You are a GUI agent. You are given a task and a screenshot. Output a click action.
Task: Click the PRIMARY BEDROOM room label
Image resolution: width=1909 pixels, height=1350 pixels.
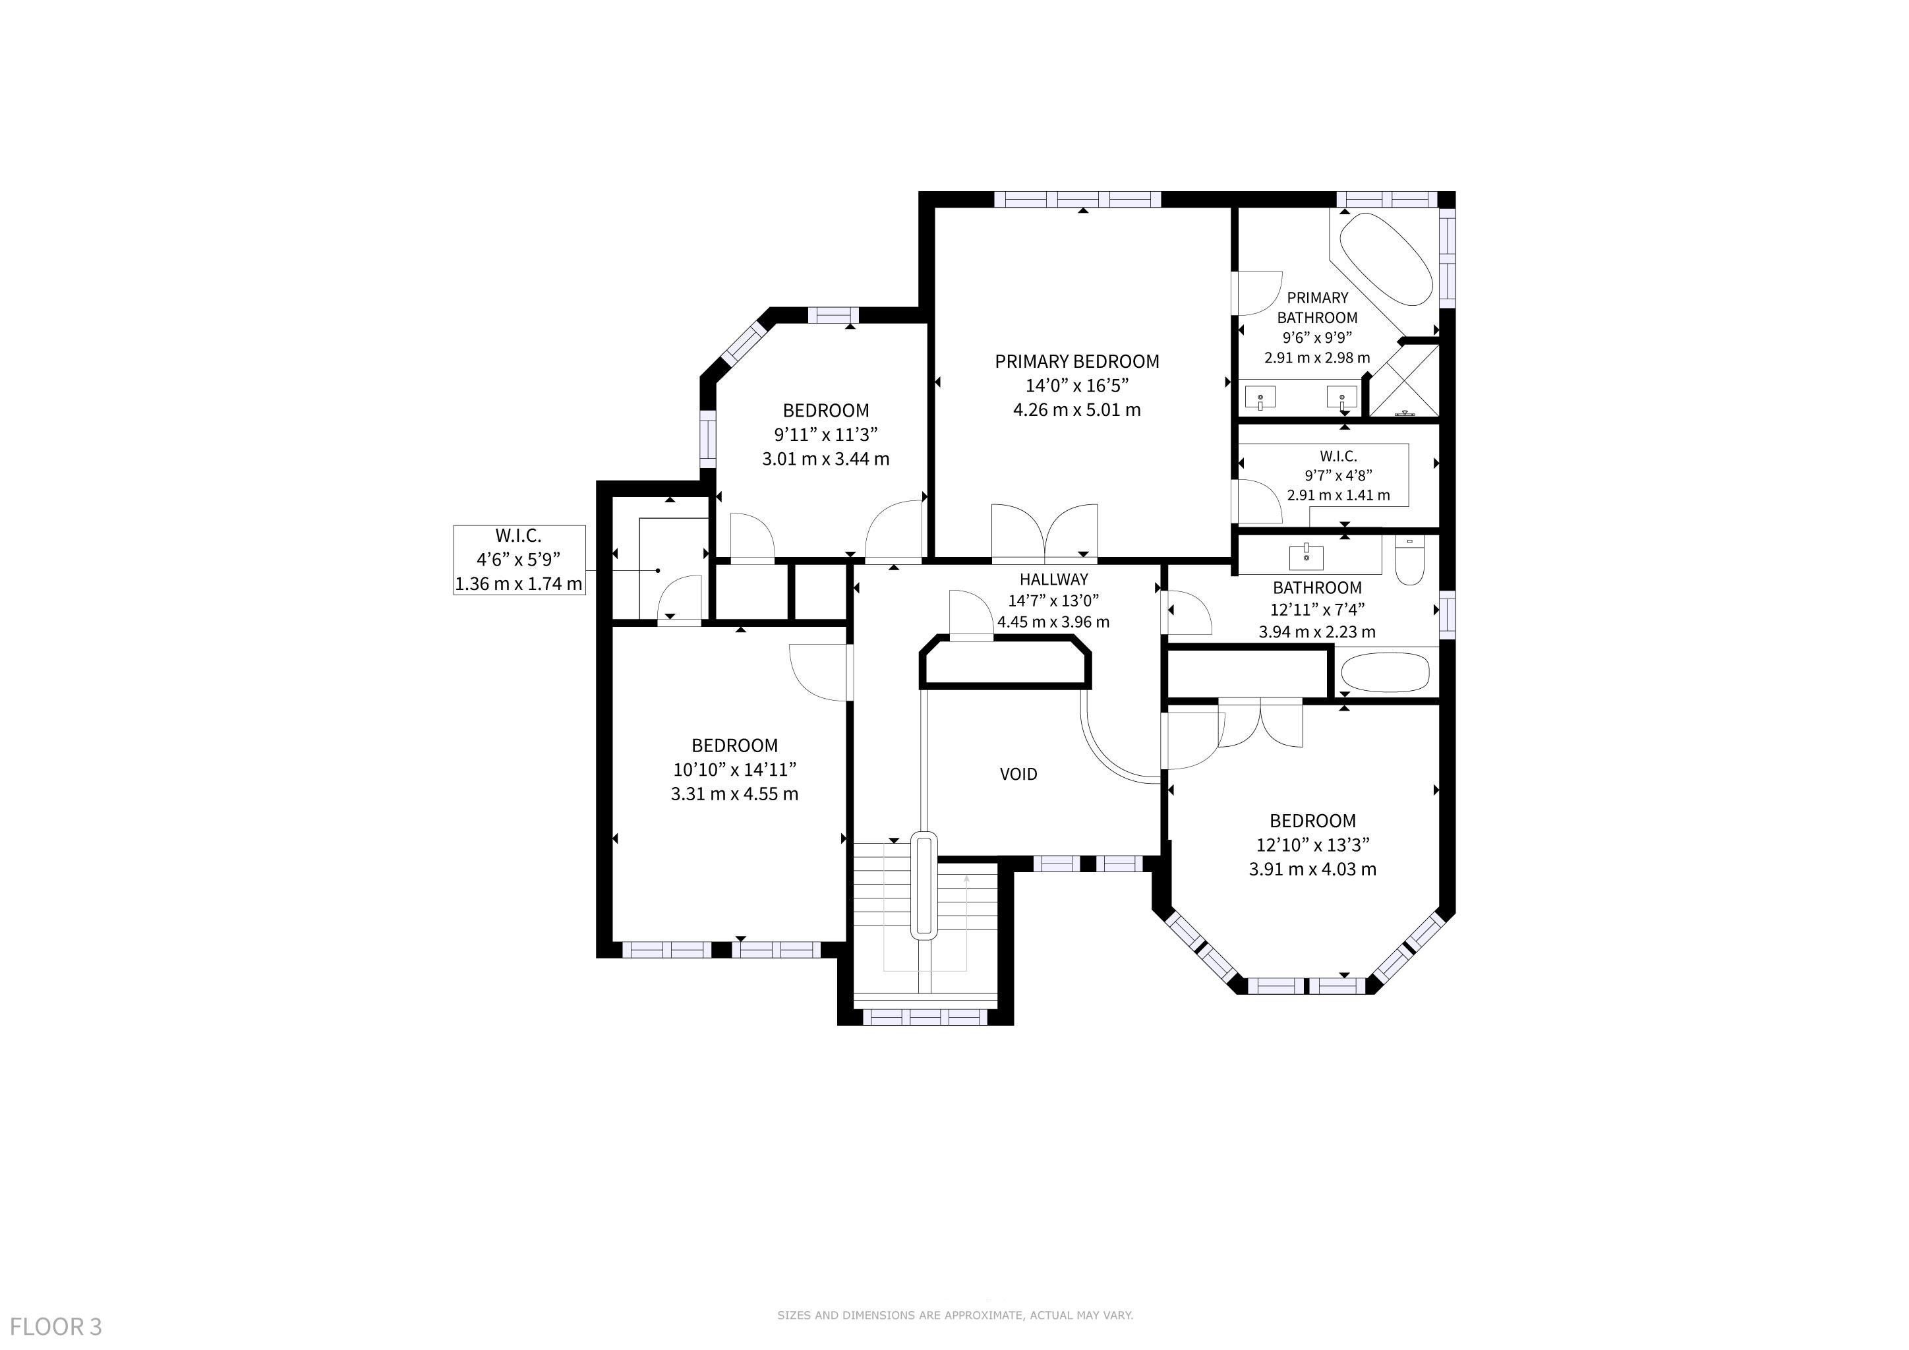(x=1076, y=362)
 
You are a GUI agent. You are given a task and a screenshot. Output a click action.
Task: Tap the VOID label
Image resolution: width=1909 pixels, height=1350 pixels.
(x=1018, y=774)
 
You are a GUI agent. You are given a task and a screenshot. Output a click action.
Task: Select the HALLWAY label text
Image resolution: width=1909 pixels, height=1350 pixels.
(x=1053, y=579)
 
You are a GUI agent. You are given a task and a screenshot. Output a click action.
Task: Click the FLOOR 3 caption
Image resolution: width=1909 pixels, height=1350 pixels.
(x=56, y=1326)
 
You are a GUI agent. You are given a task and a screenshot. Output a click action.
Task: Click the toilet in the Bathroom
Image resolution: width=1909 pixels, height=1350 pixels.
(x=1410, y=560)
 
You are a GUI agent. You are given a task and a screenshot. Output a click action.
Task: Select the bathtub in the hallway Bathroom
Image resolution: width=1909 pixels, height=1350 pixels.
(x=1385, y=672)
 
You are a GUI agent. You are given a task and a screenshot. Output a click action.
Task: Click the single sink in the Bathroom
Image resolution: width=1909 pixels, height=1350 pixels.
(x=1307, y=555)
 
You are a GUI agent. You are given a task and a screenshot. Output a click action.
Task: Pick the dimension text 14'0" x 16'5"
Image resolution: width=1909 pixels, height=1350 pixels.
(x=1076, y=386)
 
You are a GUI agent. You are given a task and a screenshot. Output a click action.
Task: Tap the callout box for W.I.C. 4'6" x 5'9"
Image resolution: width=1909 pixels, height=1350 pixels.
(x=519, y=560)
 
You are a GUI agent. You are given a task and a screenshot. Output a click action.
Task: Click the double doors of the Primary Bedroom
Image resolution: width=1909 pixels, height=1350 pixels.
(x=1044, y=532)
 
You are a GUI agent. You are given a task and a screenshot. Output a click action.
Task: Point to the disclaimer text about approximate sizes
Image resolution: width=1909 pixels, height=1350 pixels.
(x=954, y=1315)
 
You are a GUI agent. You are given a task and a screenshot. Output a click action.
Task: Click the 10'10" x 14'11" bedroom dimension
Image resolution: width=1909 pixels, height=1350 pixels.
(x=735, y=770)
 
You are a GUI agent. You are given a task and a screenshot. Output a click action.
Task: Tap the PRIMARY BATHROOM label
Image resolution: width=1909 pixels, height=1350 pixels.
(x=1317, y=308)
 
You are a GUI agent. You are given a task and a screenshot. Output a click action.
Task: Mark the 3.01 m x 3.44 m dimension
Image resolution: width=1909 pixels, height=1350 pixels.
(x=825, y=459)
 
